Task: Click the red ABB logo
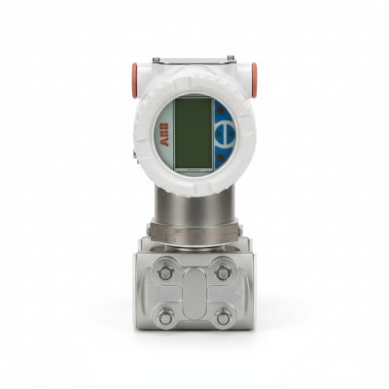pos(165,134)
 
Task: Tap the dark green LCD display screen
pos(194,133)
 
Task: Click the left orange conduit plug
pos(134,80)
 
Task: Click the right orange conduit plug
pos(254,80)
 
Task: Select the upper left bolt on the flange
pos(165,272)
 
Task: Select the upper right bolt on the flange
pos(223,272)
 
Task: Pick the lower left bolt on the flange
pos(165,317)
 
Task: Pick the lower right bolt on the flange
pos(223,317)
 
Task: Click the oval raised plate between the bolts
pos(194,295)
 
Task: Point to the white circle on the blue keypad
pos(223,133)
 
